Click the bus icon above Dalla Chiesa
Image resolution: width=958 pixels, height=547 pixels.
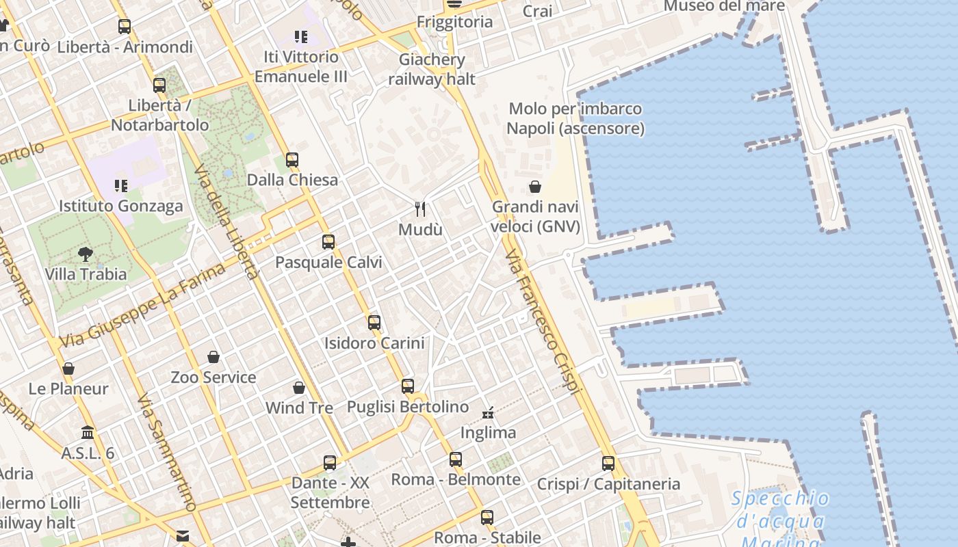pyautogui.click(x=292, y=160)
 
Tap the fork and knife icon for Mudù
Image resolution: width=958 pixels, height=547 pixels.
pyautogui.click(x=420, y=209)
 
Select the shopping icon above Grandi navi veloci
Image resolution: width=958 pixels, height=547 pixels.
pyautogui.click(x=535, y=187)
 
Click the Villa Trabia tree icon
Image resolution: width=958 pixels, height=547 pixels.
pyautogui.click(x=86, y=254)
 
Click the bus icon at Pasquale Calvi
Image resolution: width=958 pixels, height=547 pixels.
pyautogui.click(x=328, y=242)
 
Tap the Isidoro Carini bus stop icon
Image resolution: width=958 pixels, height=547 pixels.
pyautogui.click(x=374, y=323)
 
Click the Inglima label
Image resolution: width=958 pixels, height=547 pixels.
pyautogui.click(x=488, y=433)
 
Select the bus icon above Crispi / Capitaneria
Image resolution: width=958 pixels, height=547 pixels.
pyautogui.click(x=608, y=464)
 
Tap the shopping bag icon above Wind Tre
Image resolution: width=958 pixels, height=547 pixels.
pyautogui.click(x=299, y=388)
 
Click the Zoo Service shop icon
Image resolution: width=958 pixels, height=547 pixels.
pyautogui.click(x=213, y=357)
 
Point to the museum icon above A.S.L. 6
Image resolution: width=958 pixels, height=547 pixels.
pyautogui.click(x=88, y=433)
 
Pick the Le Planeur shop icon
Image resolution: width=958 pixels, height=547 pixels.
pyautogui.click(x=68, y=369)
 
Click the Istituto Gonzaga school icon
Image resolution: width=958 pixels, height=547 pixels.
pyautogui.click(x=121, y=185)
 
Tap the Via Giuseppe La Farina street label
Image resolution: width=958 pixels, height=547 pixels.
pyautogui.click(x=142, y=305)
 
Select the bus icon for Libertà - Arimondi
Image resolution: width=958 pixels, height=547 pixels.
pyautogui.click(x=125, y=27)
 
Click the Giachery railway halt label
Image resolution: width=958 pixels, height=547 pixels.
pyautogui.click(x=432, y=69)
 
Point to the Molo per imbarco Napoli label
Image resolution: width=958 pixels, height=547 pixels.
pyautogui.click(x=575, y=118)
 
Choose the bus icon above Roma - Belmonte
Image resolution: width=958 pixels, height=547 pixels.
pyautogui.click(x=456, y=459)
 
